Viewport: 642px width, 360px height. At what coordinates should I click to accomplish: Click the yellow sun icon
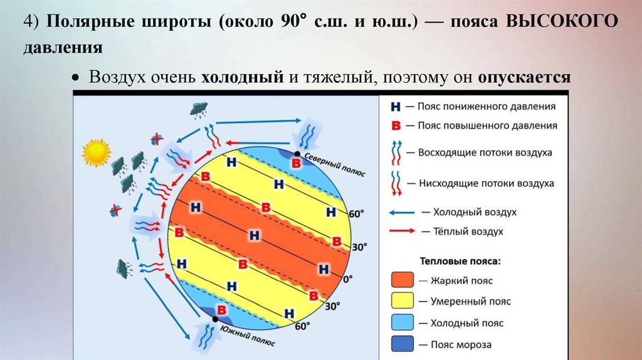pos(96,152)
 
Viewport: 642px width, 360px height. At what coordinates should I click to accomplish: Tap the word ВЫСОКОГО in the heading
pos(561,22)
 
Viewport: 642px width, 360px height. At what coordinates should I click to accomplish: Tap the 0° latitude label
pos(347,278)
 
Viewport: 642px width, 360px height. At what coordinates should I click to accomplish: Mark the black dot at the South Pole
pos(215,319)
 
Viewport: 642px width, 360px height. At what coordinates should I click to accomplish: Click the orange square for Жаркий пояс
pos(403,280)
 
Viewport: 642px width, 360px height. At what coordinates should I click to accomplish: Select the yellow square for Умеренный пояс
pos(403,301)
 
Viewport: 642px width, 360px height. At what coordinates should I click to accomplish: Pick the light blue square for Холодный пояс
pos(403,323)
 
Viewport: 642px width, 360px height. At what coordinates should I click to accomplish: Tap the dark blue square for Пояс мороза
pos(403,344)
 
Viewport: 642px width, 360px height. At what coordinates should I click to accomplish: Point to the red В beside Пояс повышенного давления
pos(396,125)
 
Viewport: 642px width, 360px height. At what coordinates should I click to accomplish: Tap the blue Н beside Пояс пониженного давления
pos(396,107)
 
